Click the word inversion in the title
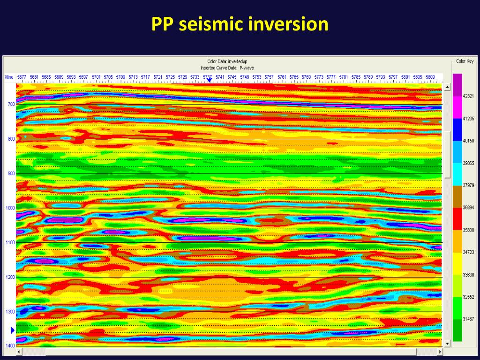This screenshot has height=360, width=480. point(288,24)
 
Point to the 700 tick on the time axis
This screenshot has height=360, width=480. point(11,104)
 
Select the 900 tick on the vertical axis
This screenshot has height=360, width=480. point(11,173)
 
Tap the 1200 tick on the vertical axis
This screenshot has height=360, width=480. point(10,277)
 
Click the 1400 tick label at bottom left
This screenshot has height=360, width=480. point(10,345)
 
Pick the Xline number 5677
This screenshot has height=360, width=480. point(22,77)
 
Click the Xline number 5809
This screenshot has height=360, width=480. point(430,77)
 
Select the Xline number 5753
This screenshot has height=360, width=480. point(257,77)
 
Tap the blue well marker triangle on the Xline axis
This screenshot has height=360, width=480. point(209,80)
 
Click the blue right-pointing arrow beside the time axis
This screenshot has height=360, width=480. point(13,330)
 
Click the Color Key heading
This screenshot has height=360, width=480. point(465,61)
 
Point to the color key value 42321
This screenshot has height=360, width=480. point(468,96)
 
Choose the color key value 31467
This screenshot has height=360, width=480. point(468,319)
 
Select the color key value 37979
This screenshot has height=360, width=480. point(468,185)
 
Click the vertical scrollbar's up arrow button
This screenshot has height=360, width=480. point(447,87)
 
